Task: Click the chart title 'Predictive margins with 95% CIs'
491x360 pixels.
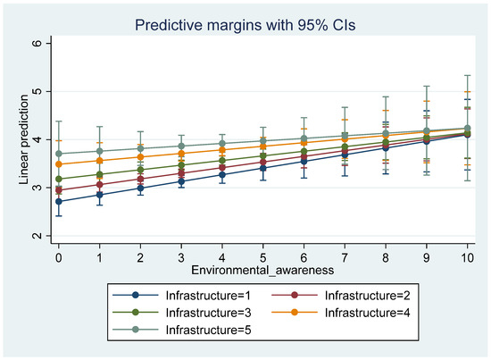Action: point(245,25)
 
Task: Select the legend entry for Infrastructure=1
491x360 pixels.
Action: point(181,295)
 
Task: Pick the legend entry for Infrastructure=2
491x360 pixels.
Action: point(341,295)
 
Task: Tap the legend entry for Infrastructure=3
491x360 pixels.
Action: point(181,313)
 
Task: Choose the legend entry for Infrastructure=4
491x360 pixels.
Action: point(341,313)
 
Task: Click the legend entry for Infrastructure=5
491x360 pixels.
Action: point(181,330)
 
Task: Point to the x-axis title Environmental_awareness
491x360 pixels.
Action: point(262,270)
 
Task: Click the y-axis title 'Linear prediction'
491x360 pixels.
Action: point(24,139)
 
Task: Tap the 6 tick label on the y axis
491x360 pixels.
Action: point(37,43)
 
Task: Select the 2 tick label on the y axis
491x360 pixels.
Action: point(37,236)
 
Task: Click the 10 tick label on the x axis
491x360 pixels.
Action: point(467,257)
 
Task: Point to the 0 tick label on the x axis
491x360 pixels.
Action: point(59,257)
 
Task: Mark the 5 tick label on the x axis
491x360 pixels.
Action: point(262,257)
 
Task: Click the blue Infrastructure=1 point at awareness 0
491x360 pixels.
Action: point(59,202)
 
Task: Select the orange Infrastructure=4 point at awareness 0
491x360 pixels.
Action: point(59,164)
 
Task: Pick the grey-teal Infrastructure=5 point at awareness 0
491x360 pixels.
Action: point(59,154)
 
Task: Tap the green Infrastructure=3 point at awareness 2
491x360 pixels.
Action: point(140,170)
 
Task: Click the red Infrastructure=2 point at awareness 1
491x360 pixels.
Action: point(100,185)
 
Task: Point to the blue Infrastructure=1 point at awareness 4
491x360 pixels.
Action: point(222,174)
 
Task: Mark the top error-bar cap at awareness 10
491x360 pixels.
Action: point(467,75)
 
